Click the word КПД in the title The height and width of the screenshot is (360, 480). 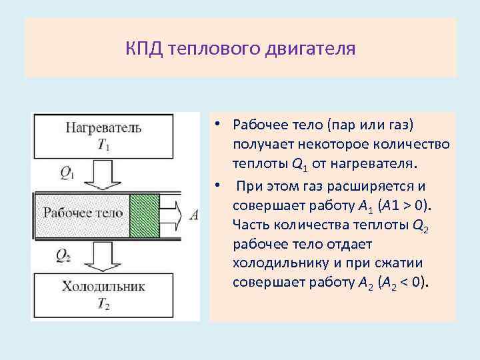pos(143,49)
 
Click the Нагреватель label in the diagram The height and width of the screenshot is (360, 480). pos(102,127)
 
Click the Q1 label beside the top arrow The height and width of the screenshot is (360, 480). pos(67,173)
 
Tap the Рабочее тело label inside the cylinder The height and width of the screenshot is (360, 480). pos(83,213)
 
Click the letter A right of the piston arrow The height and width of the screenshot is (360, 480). pos(194,214)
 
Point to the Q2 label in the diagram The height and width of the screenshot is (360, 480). pos(65,255)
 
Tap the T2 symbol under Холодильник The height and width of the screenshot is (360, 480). pos(103,305)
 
